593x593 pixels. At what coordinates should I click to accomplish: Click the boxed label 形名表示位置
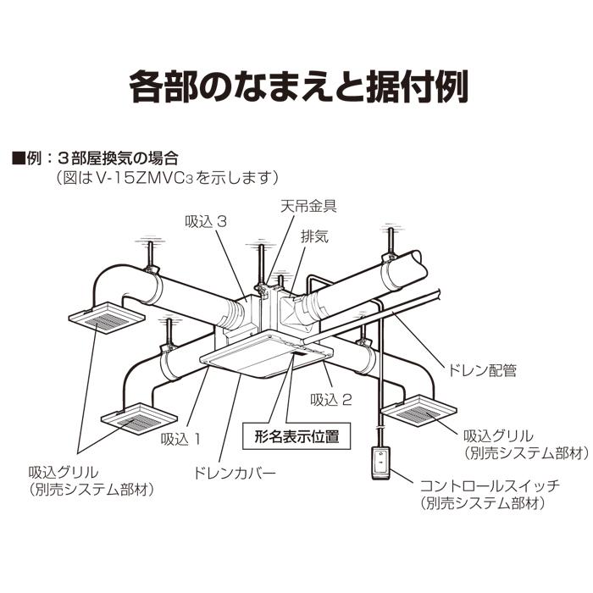(x=296, y=437)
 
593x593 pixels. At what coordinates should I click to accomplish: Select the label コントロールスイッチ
(x=489, y=485)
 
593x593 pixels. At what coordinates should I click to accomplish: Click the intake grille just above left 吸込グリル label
(x=133, y=417)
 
